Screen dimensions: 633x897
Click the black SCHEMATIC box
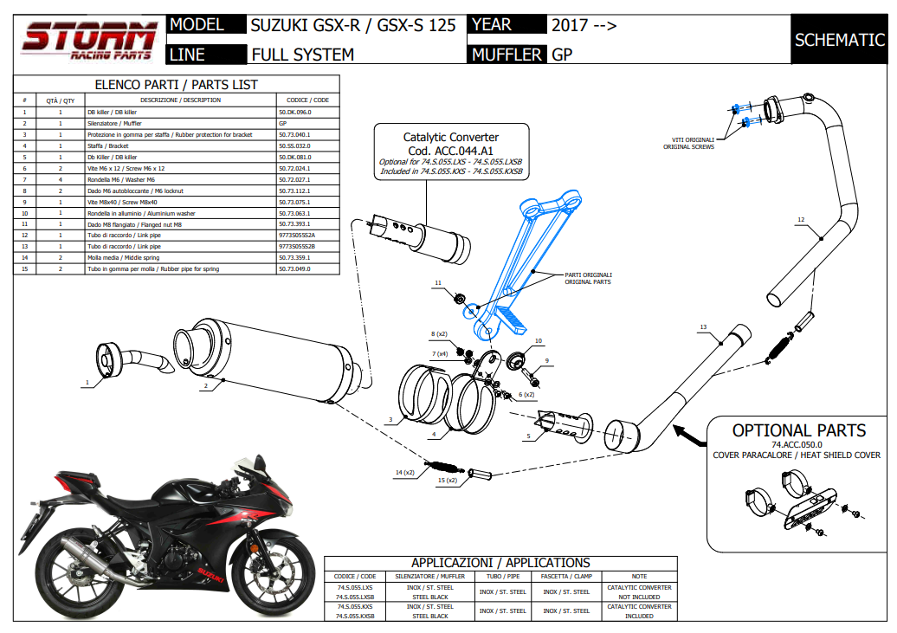[839, 40]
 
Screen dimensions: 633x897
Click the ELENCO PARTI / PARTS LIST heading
[176, 85]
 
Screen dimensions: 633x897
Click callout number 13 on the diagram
[703, 327]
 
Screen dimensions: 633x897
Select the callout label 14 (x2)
[403, 472]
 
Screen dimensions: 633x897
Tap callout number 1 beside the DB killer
[87, 382]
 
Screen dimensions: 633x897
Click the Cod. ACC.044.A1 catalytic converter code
[451, 150]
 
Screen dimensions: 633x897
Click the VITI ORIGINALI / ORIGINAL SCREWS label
[689, 143]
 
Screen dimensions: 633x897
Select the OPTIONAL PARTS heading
[798, 430]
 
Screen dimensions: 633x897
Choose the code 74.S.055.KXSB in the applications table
[355, 616]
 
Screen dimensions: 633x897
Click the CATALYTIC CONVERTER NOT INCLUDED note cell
[639, 592]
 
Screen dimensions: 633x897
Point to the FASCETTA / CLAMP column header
[566, 576]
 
